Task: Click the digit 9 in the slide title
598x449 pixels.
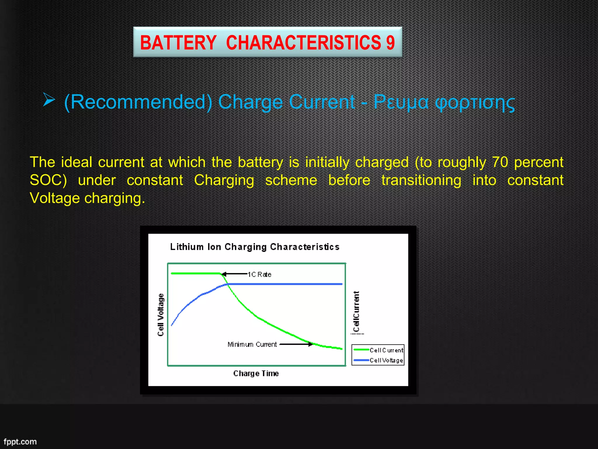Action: (390, 43)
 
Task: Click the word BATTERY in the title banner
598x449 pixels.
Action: (178, 43)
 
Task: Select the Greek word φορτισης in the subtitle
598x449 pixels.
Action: (475, 102)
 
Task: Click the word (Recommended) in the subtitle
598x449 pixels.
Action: (138, 102)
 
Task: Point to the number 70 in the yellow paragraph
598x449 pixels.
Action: (500, 162)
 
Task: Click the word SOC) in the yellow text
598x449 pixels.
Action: (48, 180)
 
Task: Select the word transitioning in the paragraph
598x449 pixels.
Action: (421, 180)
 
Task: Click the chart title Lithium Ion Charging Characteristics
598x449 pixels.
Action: (255, 247)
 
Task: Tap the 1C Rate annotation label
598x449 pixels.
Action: (260, 274)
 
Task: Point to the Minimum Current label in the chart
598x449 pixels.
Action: (252, 344)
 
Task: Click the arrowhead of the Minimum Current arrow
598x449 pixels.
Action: (310, 344)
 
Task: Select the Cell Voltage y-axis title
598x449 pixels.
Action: (161, 315)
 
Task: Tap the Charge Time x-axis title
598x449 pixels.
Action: (256, 373)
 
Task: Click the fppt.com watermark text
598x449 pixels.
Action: (20, 441)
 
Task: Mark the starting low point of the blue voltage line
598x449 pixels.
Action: (172, 325)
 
